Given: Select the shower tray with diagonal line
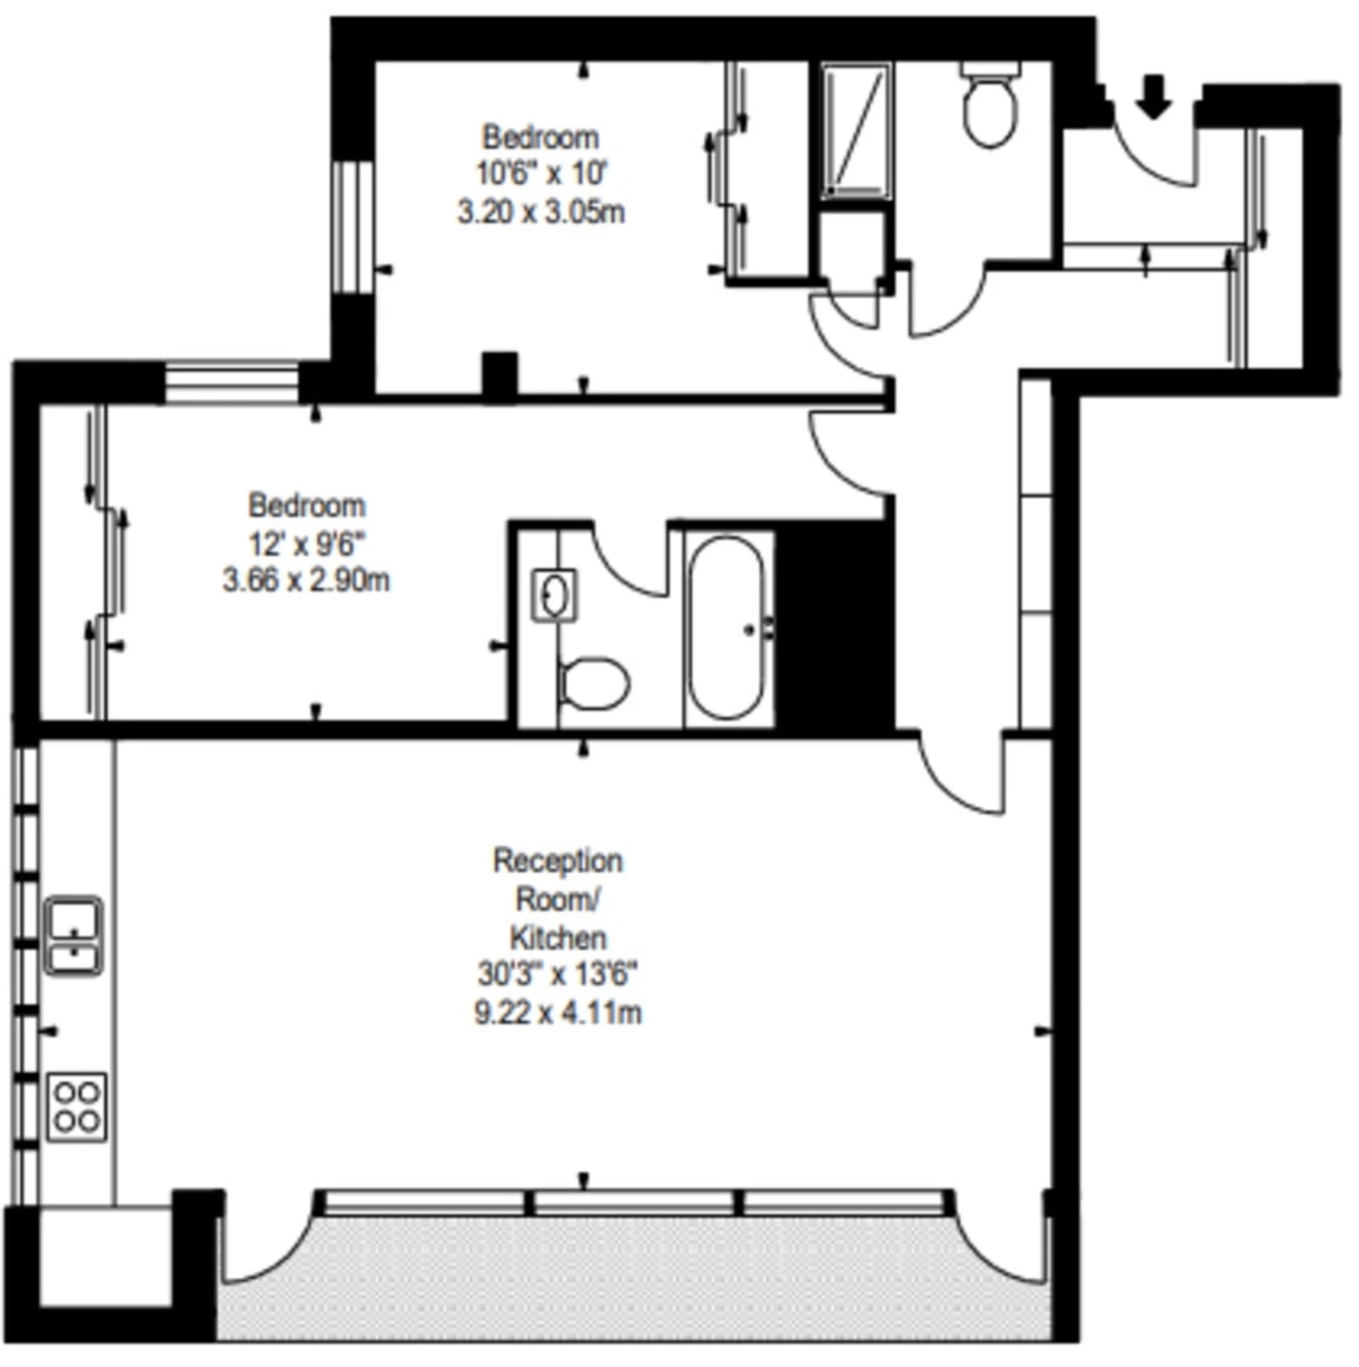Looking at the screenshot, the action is pos(856,130).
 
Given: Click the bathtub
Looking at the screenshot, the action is pos(726,628).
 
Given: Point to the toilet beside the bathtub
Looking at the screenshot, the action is pos(594,683).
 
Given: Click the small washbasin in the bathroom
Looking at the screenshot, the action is pos(554,595).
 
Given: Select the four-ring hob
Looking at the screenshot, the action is pos(76,1107).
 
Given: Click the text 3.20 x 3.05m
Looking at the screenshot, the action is pos(541,212).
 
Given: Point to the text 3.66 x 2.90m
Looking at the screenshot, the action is pos(306,580).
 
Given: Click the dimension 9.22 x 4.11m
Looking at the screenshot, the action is pos(558,1012).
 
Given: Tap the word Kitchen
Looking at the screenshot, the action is pos(558,937).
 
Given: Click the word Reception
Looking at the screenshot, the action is pos(558,861).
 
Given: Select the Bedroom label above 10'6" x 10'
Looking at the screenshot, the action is pos(541,137).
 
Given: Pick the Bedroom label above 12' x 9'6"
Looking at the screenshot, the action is pos(307,505).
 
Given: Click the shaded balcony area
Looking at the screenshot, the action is pos(634,1278).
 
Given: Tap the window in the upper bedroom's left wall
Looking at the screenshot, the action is pos(352,227).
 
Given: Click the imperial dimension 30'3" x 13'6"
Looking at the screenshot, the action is pos(558,975).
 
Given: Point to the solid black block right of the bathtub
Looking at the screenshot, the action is pos(834,625).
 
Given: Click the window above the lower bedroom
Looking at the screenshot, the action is pos(232,383).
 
